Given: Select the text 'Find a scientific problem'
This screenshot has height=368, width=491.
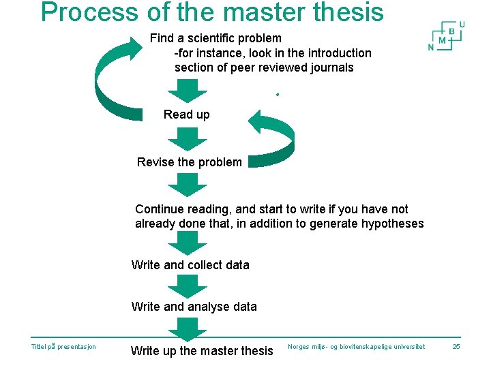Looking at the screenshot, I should [x=215, y=38].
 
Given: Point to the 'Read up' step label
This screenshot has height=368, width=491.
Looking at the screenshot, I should [x=187, y=114].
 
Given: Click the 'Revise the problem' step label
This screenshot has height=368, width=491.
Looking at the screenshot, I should [x=189, y=162].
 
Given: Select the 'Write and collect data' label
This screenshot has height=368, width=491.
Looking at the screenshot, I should [x=190, y=265].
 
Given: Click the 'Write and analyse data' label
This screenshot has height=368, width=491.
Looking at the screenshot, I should [x=194, y=307].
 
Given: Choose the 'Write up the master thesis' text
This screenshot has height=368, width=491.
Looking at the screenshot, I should [x=202, y=351].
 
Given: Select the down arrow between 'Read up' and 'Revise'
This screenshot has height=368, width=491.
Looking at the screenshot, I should [x=187, y=138].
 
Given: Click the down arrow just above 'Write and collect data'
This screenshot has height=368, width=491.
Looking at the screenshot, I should [x=187, y=243].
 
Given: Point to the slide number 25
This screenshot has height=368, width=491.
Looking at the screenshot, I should [x=457, y=347].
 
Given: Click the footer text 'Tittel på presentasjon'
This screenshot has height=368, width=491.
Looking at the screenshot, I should [x=63, y=347].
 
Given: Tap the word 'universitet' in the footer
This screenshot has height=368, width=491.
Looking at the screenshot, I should [x=405, y=347].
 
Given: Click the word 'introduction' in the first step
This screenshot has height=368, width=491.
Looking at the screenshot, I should [x=338, y=53].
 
